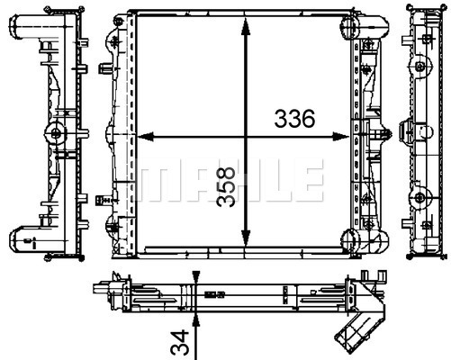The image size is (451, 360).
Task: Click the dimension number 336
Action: point(294,118)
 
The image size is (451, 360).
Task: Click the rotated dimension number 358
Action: point(226,186)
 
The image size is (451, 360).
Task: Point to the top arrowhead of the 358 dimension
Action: point(246,27)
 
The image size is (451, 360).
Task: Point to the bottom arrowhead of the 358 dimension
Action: point(246,237)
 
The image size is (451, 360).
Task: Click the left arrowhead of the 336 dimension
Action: point(146,137)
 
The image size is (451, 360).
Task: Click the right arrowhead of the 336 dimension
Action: point(341,137)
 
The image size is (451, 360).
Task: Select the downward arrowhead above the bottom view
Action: point(196,276)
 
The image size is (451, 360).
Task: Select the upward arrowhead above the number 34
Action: point(196,321)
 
